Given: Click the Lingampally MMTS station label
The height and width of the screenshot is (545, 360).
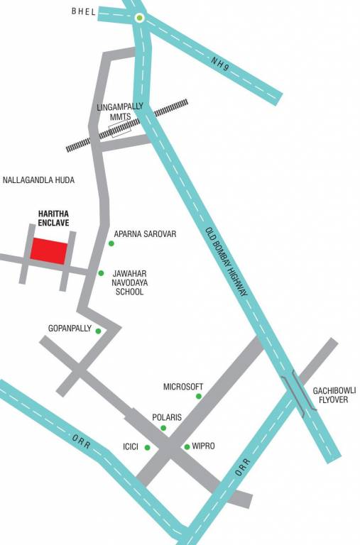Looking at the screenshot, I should coord(119,111).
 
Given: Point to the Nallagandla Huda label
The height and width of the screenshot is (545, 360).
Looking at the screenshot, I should coord(39,180).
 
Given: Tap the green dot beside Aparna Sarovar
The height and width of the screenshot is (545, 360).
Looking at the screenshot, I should coord(111,243).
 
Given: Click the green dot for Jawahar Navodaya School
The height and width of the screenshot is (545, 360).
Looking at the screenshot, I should coord(101,273).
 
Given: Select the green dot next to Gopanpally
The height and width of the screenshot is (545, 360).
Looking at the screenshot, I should coord(98,331).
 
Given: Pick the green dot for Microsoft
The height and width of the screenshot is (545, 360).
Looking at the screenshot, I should coord(199,396).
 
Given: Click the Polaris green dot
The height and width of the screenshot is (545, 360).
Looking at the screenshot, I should coord(163,428).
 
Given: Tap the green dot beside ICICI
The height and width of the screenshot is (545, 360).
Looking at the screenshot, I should coord(147,447).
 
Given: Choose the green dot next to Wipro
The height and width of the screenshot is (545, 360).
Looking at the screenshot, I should coord(187,446).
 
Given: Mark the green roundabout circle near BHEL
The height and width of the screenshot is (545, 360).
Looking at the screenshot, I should coord(139,18).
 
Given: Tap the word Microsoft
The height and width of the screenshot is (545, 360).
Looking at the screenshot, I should coord(183,387).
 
